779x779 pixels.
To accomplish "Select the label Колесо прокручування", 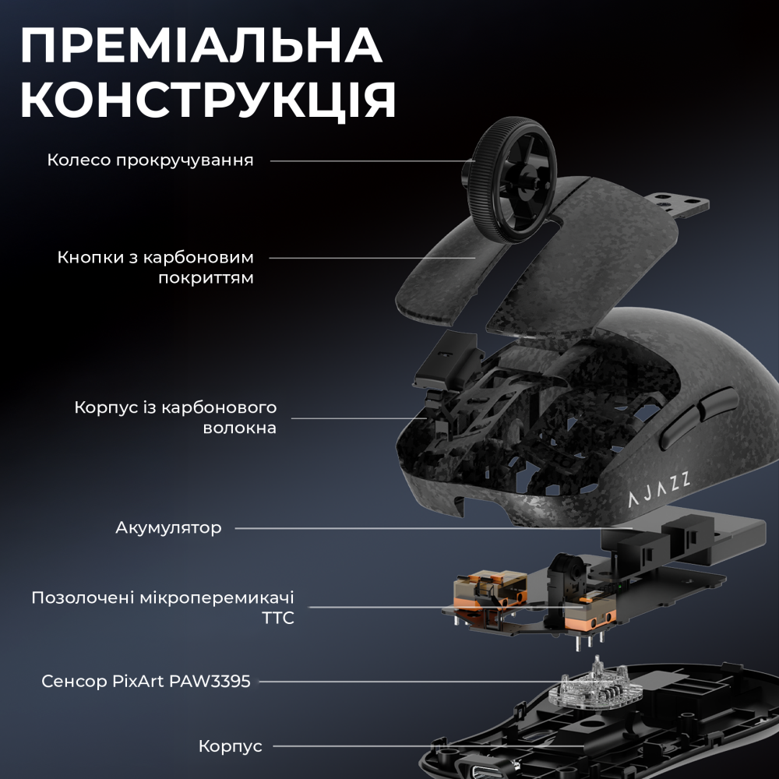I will tap(150, 160).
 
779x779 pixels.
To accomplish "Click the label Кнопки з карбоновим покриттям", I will tap(155, 267).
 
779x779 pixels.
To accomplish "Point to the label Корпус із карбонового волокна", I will tap(175, 418).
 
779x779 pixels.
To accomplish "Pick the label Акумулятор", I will tap(168, 528).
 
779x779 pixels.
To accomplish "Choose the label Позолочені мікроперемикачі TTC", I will tap(163, 608).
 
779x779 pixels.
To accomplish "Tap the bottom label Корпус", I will tap(230, 746).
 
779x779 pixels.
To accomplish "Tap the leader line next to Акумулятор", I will tap(421, 528).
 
